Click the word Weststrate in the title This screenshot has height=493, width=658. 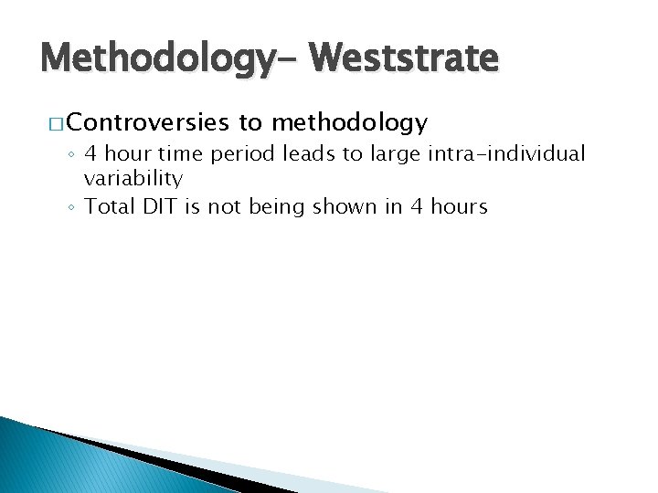click(404, 58)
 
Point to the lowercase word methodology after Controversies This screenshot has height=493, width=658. click(348, 122)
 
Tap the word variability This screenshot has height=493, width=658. click(133, 180)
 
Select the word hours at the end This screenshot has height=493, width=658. click(459, 206)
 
